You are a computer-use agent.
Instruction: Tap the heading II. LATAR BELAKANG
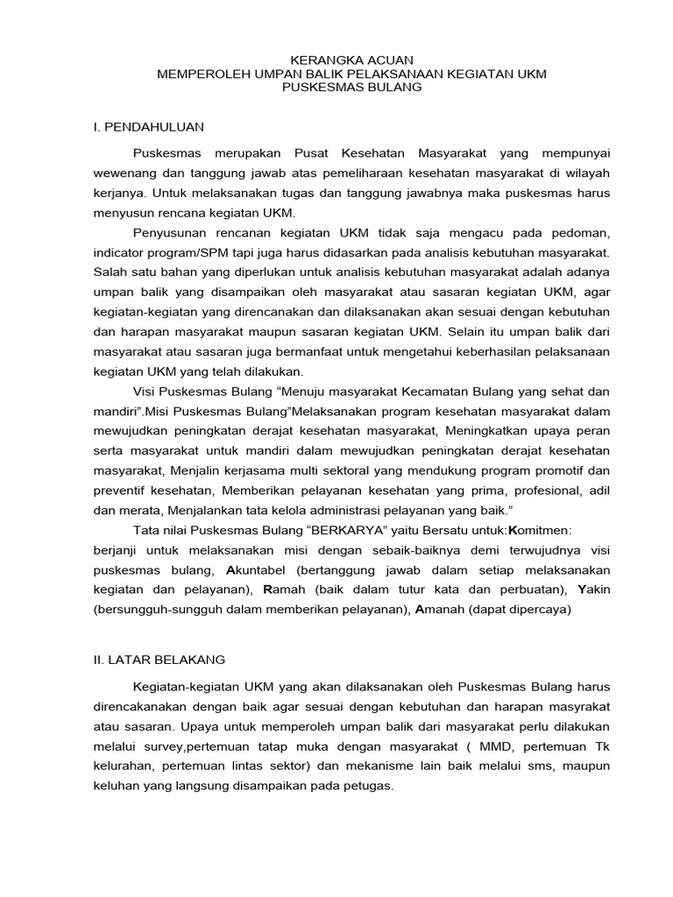[159, 659]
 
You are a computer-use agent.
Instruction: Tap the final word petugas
[370, 786]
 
